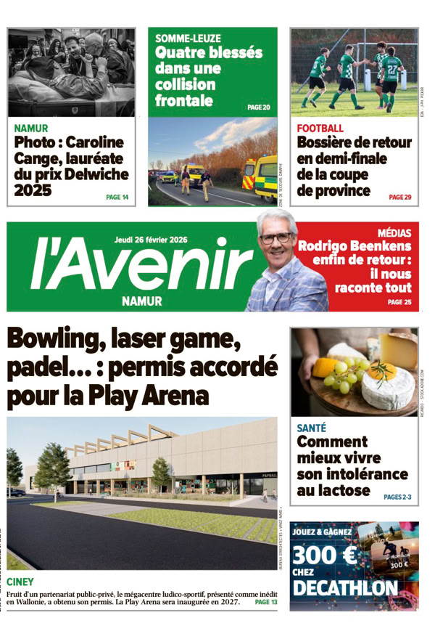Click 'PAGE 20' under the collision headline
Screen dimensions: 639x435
point(258,107)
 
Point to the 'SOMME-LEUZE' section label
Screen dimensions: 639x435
point(188,38)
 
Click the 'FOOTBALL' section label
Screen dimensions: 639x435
point(320,129)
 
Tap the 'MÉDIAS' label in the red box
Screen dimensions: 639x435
point(394,234)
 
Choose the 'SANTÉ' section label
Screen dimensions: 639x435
point(311,428)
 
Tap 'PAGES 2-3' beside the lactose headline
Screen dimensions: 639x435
point(397,497)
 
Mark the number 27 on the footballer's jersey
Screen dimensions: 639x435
point(392,69)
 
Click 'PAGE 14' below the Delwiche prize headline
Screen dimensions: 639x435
point(117,197)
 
